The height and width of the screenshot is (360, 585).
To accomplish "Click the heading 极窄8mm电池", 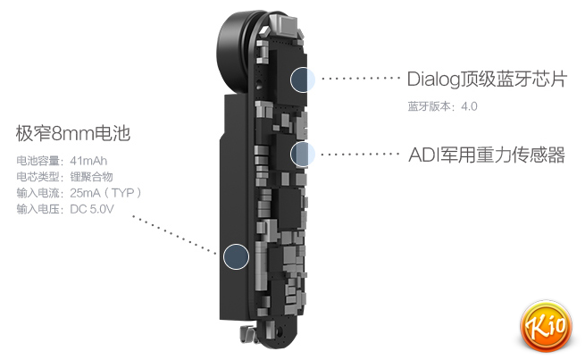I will tap(73, 135).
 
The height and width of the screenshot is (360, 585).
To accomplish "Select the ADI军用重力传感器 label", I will tap(486, 155).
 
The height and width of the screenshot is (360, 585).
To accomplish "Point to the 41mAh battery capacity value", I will tap(89, 161).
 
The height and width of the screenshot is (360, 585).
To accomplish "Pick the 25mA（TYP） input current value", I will tap(106, 193).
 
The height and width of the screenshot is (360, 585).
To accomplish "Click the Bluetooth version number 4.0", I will tap(471, 106).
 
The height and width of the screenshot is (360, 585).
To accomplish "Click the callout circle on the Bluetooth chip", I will tap(302, 79).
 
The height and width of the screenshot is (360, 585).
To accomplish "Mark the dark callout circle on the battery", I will tap(235, 256).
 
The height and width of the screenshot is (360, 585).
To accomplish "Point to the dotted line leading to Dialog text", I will tap(359, 79).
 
